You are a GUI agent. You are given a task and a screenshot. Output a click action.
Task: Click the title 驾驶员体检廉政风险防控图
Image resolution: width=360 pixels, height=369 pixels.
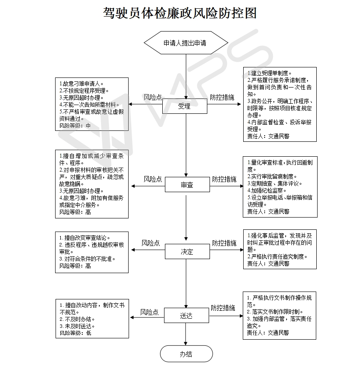(x=180, y=13)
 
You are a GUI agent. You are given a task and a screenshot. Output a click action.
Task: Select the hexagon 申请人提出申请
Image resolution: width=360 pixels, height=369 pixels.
(x=186, y=43)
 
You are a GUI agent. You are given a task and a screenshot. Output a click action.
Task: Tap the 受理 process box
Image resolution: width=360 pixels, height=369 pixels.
(x=185, y=106)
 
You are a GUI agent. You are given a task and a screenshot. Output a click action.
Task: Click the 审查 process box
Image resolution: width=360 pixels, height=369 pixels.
(x=187, y=185)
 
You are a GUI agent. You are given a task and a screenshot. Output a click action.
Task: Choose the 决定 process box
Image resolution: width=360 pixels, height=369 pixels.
(x=187, y=252)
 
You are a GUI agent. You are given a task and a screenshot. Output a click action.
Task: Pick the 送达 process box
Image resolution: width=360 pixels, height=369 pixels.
(x=186, y=315)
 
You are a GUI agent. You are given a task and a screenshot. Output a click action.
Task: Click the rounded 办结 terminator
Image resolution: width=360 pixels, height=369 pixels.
(x=186, y=354)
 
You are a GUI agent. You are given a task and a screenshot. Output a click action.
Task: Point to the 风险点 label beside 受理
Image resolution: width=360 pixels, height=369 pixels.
(x=153, y=97)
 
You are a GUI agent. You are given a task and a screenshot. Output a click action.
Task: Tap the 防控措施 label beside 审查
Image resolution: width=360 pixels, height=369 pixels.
(x=224, y=179)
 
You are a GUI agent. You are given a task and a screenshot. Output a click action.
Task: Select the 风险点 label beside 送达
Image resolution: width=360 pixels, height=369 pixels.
(x=149, y=312)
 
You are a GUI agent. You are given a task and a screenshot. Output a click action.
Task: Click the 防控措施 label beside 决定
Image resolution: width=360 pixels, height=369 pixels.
(x=224, y=243)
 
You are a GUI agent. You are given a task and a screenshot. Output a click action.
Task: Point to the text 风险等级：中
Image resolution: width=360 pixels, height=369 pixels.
(x=75, y=126)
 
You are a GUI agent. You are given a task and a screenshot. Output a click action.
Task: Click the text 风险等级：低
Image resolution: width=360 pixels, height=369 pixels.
(x=76, y=333)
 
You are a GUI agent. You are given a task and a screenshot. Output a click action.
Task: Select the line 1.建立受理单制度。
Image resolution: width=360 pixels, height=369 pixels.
(x=269, y=73)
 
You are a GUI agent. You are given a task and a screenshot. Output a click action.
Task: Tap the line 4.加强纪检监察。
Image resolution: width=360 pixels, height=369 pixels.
(x=267, y=190)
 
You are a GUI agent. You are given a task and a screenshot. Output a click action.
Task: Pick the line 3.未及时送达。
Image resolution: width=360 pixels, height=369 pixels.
(x=77, y=326)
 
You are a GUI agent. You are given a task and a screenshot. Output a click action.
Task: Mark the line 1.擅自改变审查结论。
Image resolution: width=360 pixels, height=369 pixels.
(x=84, y=238)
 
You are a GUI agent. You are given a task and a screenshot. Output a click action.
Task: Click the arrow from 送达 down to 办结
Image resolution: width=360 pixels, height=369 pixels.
(x=186, y=334)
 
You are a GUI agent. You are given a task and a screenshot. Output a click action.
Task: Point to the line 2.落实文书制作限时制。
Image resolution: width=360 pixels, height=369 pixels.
(x=275, y=312)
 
